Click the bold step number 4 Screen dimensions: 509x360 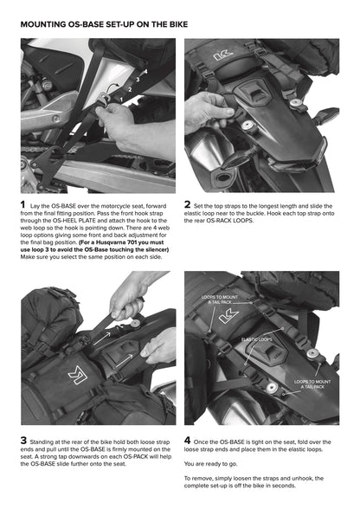pos(188,440)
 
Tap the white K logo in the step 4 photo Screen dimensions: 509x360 pos(228,316)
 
